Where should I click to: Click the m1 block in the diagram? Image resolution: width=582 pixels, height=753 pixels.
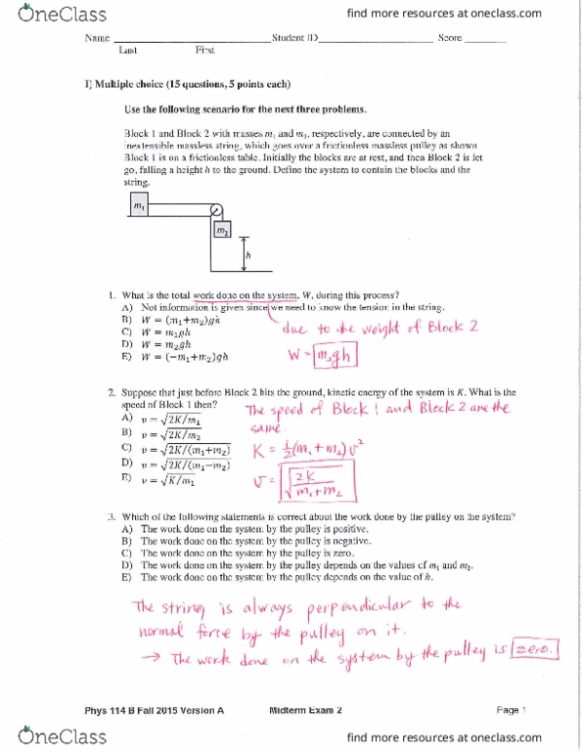pos(139,206)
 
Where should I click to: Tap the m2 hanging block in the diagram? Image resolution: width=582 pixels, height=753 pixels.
pos(223,229)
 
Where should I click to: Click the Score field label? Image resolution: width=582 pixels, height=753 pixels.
pos(450,38)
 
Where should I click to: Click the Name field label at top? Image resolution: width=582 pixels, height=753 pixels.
pos(98,38)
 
